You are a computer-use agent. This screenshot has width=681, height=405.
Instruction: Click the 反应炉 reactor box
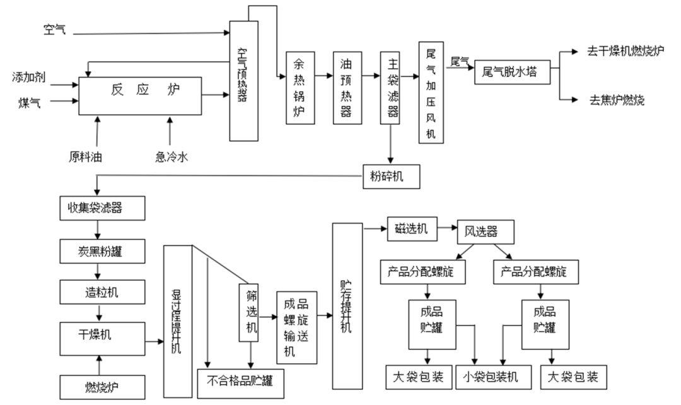coord(139,95)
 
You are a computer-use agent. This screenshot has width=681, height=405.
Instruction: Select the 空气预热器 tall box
coord(244,81)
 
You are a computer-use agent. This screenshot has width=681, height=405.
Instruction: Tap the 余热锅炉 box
coord(300,87)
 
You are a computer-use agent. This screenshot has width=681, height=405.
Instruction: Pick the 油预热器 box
coord(346,87)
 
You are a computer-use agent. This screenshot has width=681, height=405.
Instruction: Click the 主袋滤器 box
coord(392,87)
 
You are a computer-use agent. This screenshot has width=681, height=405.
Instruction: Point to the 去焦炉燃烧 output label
coord(617,100)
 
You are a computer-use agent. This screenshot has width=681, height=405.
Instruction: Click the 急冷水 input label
coord(171,156)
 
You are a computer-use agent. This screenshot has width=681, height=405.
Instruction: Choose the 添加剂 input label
coord(28,78)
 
